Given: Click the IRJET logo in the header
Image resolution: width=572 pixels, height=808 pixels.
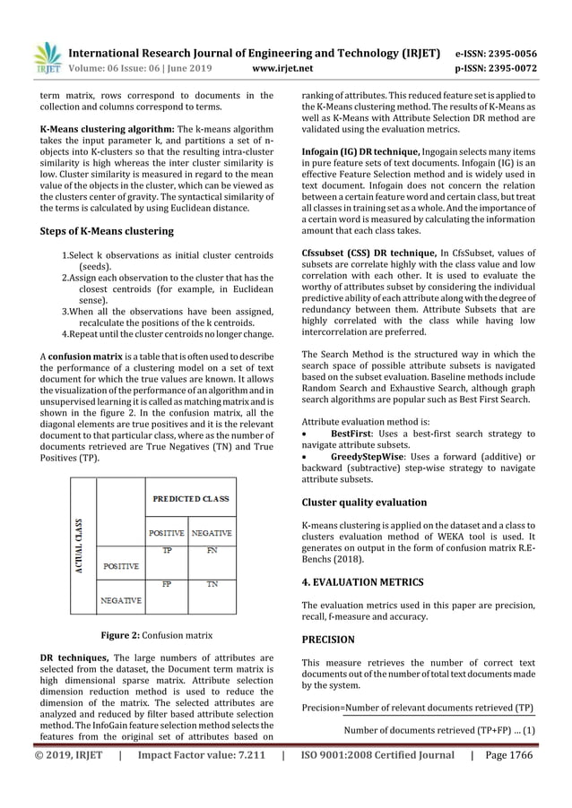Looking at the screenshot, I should click(46, 56).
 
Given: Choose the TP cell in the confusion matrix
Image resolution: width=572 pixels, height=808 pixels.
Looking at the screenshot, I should click(167, 551).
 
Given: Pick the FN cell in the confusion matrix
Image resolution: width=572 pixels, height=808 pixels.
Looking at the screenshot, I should click(212, 551).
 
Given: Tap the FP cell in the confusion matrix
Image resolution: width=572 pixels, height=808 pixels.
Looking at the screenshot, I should click(167, 583).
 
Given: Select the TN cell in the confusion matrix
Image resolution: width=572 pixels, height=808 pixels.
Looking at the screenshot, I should click(212, 583).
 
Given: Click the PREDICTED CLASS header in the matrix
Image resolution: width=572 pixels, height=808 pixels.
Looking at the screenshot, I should click(190, 497).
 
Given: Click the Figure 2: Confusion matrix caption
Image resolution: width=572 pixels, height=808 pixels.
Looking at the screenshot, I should click(155, 636).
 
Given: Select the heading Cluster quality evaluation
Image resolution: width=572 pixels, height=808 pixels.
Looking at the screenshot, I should click(363, 503).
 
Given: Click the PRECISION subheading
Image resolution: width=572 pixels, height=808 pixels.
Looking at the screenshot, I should click(327, 640).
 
